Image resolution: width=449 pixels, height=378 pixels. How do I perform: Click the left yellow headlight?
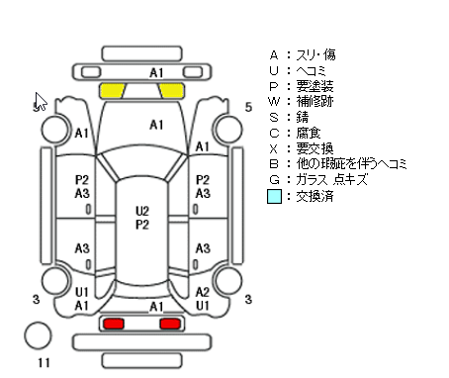[113, 91]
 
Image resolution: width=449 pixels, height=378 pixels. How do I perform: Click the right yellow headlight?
[171, 91]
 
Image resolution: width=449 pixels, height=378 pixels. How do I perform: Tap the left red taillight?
[114, 324]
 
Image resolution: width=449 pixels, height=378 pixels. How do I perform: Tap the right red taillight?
[170, 324]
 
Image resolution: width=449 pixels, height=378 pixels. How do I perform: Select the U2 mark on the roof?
[142, 211]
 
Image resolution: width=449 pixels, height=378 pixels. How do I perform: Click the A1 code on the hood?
[156, 125]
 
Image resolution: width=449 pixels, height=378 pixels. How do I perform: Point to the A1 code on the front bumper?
[156, 73]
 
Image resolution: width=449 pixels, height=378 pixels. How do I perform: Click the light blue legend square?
[274, 196]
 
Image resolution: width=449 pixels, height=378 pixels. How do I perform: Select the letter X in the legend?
[274, 149]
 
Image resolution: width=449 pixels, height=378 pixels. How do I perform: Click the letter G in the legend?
[274, 180]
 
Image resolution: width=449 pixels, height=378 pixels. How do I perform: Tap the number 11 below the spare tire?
[44, 363]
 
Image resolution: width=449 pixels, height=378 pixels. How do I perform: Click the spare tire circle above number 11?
[38, 335]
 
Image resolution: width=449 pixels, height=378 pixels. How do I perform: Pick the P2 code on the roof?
[142, 225]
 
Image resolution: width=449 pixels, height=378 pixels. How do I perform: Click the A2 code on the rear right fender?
[203, 292]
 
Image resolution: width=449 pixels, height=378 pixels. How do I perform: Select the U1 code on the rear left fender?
[82, 292]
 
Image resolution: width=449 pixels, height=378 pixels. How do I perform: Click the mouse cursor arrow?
[41, 101]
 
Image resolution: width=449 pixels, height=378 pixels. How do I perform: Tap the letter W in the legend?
[274, 101]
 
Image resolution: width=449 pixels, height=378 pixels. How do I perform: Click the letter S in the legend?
[274, 118]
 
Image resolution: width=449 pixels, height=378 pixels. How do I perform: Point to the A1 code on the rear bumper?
[156, 307]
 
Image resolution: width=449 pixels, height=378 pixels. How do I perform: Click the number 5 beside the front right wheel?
[248, 107]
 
